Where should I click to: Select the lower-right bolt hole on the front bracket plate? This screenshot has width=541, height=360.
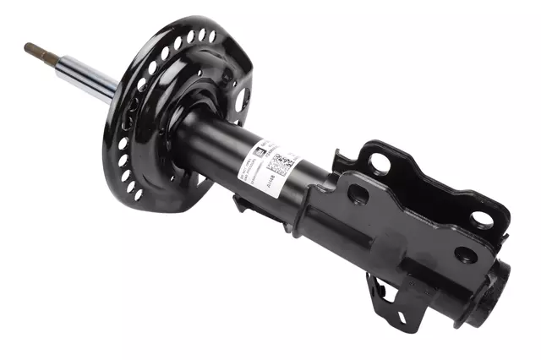(465, 254)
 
